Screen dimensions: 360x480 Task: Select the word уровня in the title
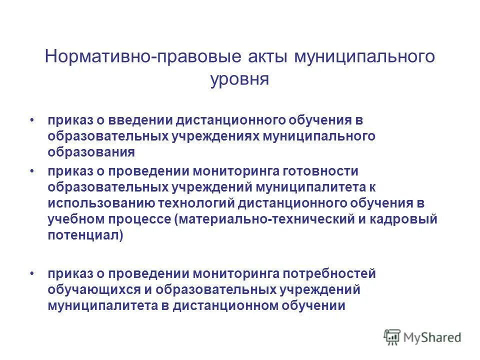(239, 79)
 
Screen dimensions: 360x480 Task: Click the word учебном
(73, 219)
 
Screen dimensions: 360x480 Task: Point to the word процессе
(136, 219)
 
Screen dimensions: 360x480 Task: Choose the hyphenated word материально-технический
(257, 219)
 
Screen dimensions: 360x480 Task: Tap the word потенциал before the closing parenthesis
(83, 235)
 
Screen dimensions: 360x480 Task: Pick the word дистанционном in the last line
(217, 305)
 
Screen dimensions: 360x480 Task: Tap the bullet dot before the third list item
(32, 273)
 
